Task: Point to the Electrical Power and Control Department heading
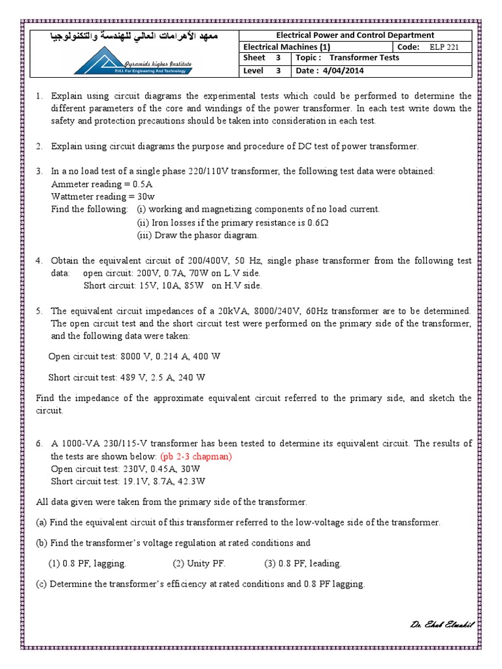click(x=355, y=35)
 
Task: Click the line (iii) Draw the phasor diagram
click(x=197, y=235)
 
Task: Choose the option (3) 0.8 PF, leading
click(x=303, y=563)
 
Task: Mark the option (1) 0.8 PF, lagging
click(x=88, y=563)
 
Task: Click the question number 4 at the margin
click(x=39, y=260)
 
